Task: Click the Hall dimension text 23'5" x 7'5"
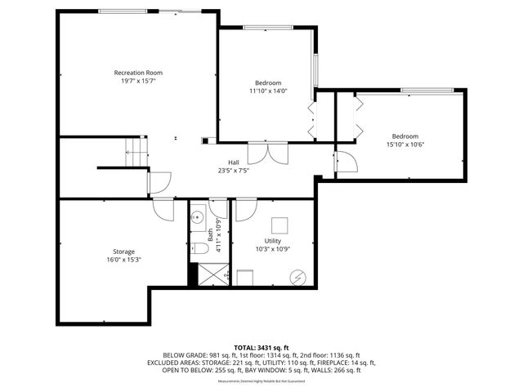tap(233, 171)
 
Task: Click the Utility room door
tap(244, 210)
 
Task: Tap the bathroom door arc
tap(218, 208)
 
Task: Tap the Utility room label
tap(273, 241)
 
